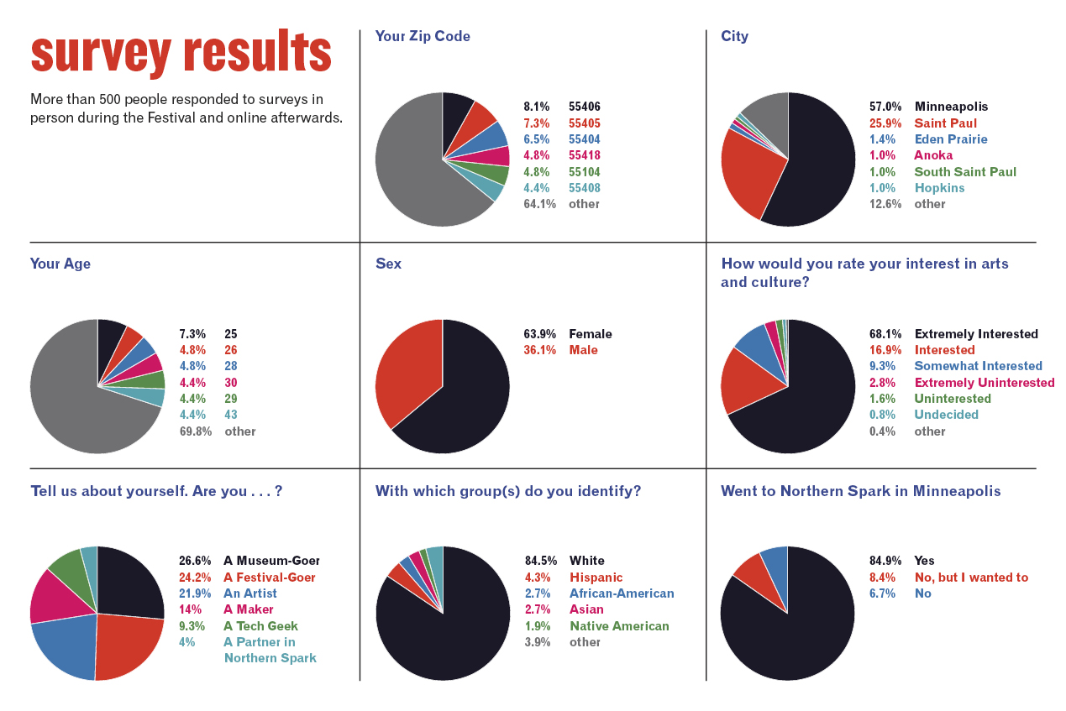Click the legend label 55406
(x=584, y=107)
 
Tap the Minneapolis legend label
(x=951, y=107)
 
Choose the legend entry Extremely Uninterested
(x=984, y=383)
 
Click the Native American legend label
(x=619, y=626)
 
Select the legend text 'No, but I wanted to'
(x=971, y=578)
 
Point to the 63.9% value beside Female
(x=539, y=334)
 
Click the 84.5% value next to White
(x=539, y=561)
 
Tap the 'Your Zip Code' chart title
(x=423, y=37)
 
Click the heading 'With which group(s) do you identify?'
(x=507, y=491)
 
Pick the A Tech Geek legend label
(x=260, y=626)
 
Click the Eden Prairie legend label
(x=951, y=139)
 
